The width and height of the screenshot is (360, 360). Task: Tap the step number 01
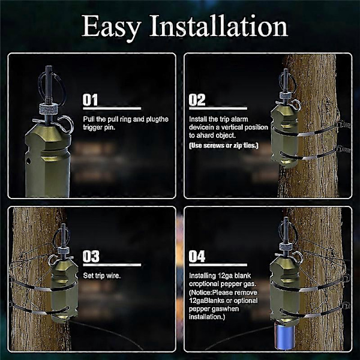coord(91,100)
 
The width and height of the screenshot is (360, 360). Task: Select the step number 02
coord(197,100)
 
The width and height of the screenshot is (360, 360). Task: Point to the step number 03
coord(91,257)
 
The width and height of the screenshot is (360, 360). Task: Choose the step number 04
coord(197,257)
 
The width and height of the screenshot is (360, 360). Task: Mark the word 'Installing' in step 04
coord(203,275)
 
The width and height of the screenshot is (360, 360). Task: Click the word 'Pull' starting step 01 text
coord(89,119)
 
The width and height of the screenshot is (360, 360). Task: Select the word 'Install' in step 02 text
coord(199,119)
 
